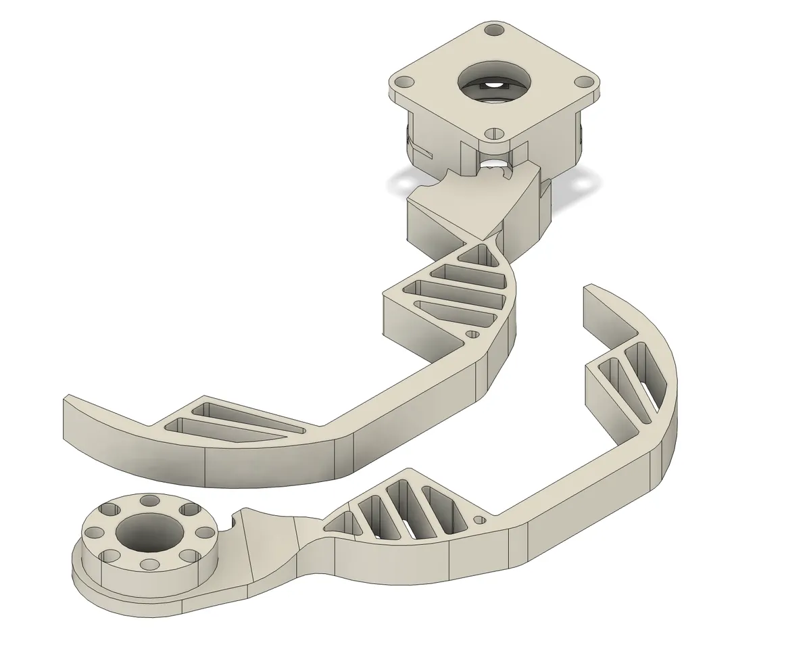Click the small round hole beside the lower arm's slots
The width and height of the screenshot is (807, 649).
(x=480, y=520)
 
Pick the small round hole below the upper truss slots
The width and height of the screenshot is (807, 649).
(x=473, y=334)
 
